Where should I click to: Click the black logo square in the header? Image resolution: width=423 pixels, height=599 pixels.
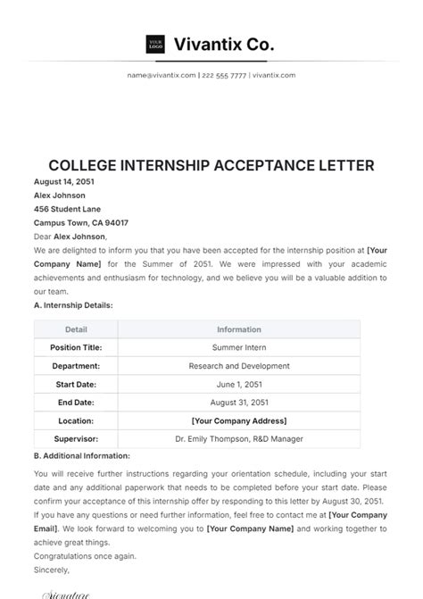click(155, 43)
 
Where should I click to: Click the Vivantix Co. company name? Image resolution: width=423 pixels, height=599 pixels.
click(223, 43)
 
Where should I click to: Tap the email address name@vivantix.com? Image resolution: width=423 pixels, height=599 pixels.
click(161, 76)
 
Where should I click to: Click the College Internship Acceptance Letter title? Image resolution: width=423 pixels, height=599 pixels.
click(211, 166)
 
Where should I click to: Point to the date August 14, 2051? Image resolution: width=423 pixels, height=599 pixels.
click(63, 181)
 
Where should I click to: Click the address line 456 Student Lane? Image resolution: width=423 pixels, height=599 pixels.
click(66, 209)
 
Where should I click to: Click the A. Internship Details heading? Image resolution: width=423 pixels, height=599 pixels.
click(73, 305)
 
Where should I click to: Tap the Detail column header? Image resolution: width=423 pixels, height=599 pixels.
click(76, 329)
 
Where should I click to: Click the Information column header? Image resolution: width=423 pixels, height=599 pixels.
click(238, 329)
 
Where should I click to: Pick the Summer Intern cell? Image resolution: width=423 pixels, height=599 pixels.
click(238, 347)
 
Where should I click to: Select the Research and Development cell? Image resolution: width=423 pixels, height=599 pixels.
click(238, 366)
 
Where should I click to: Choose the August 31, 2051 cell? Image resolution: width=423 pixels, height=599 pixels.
click(238, 403)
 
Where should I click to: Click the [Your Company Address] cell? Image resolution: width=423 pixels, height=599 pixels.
click(238, 420)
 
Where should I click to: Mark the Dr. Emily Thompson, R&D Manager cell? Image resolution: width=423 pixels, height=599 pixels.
click(238, 439)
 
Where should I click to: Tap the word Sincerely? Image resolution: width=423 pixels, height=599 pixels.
click(51, 569)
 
